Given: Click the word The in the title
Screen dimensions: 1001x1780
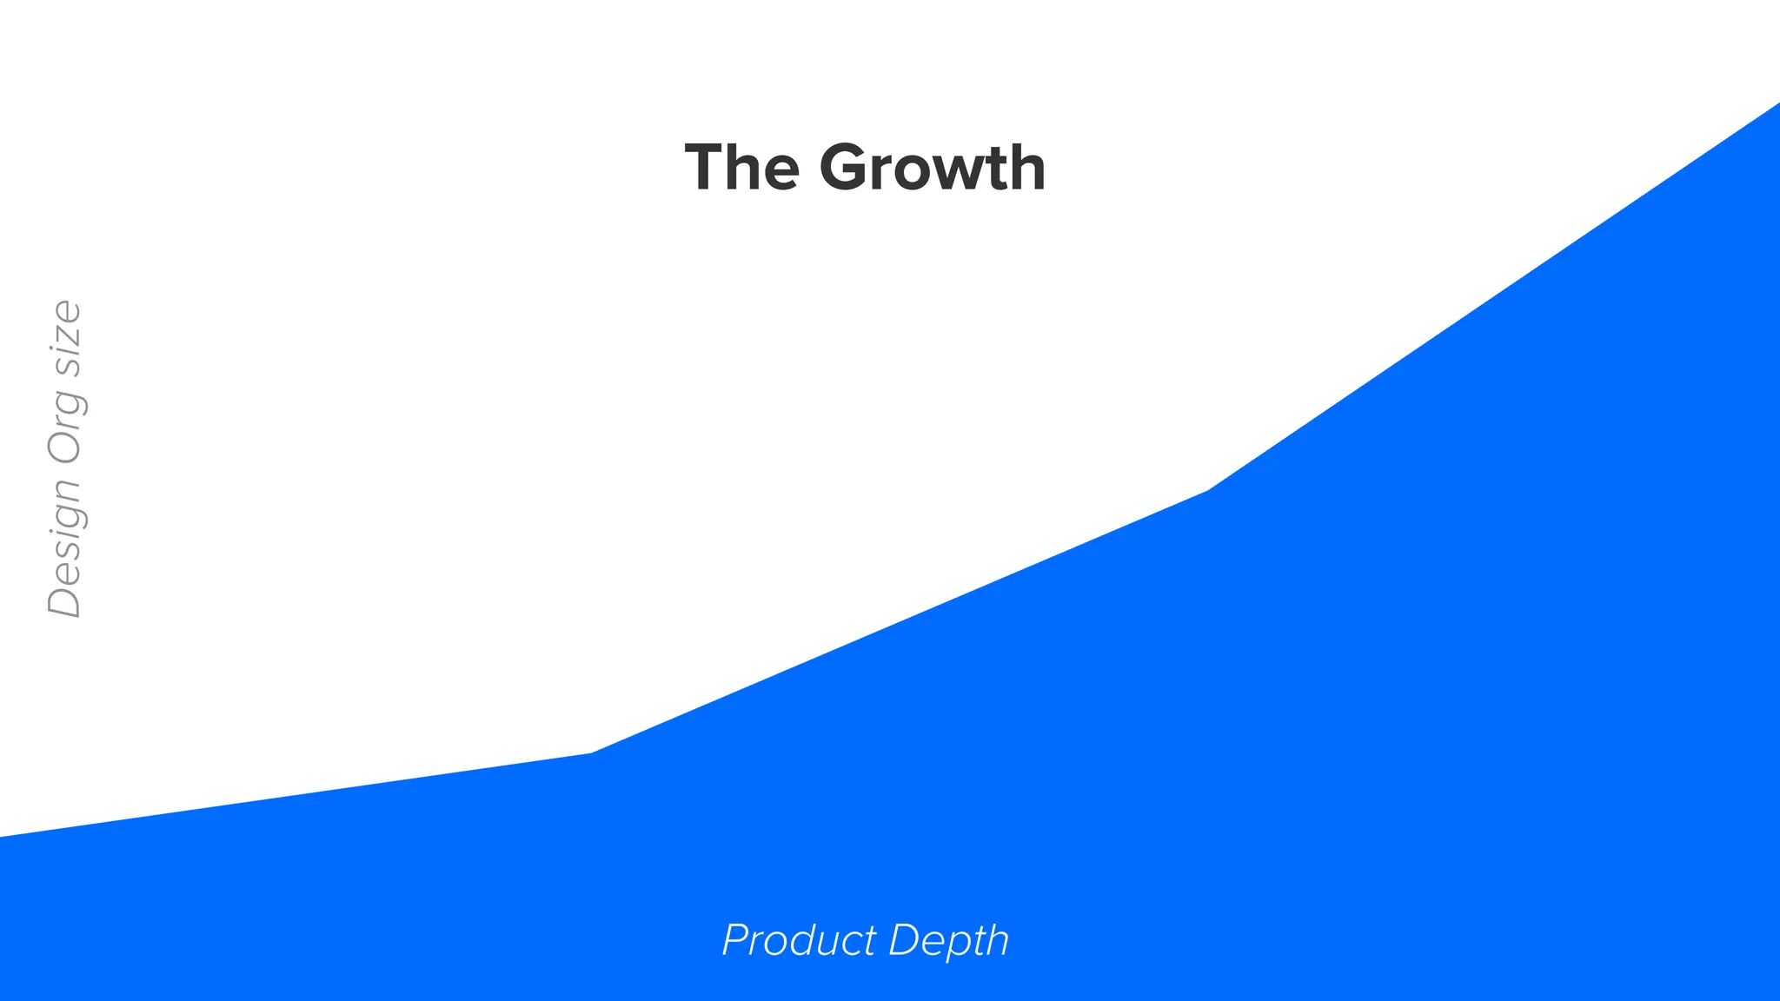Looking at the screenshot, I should tap(741, 167).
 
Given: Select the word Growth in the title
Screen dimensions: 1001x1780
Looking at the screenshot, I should tap(932, 167).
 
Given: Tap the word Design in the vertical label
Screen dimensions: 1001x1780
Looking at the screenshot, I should tap(65, 546).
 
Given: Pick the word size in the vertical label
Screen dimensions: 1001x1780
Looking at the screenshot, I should tap(65, 338).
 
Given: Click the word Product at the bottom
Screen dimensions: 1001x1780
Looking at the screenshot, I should tap(799, 940).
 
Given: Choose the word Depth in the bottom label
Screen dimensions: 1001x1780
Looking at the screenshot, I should tap(948, 940).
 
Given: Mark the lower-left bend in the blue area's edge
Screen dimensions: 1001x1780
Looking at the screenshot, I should tap(591, 753).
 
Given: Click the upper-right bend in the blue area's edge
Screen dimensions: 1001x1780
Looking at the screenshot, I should tap(1208, 491).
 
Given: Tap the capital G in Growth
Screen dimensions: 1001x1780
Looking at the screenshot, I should tap(847, 167).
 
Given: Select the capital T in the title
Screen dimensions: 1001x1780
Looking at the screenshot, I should tap(704, 167).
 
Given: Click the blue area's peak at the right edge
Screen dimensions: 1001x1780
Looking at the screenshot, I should tap(1777, 105).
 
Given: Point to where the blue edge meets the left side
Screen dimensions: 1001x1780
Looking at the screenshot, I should tap(2, 837).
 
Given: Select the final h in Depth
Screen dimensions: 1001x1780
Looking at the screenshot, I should tap(997, 940).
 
